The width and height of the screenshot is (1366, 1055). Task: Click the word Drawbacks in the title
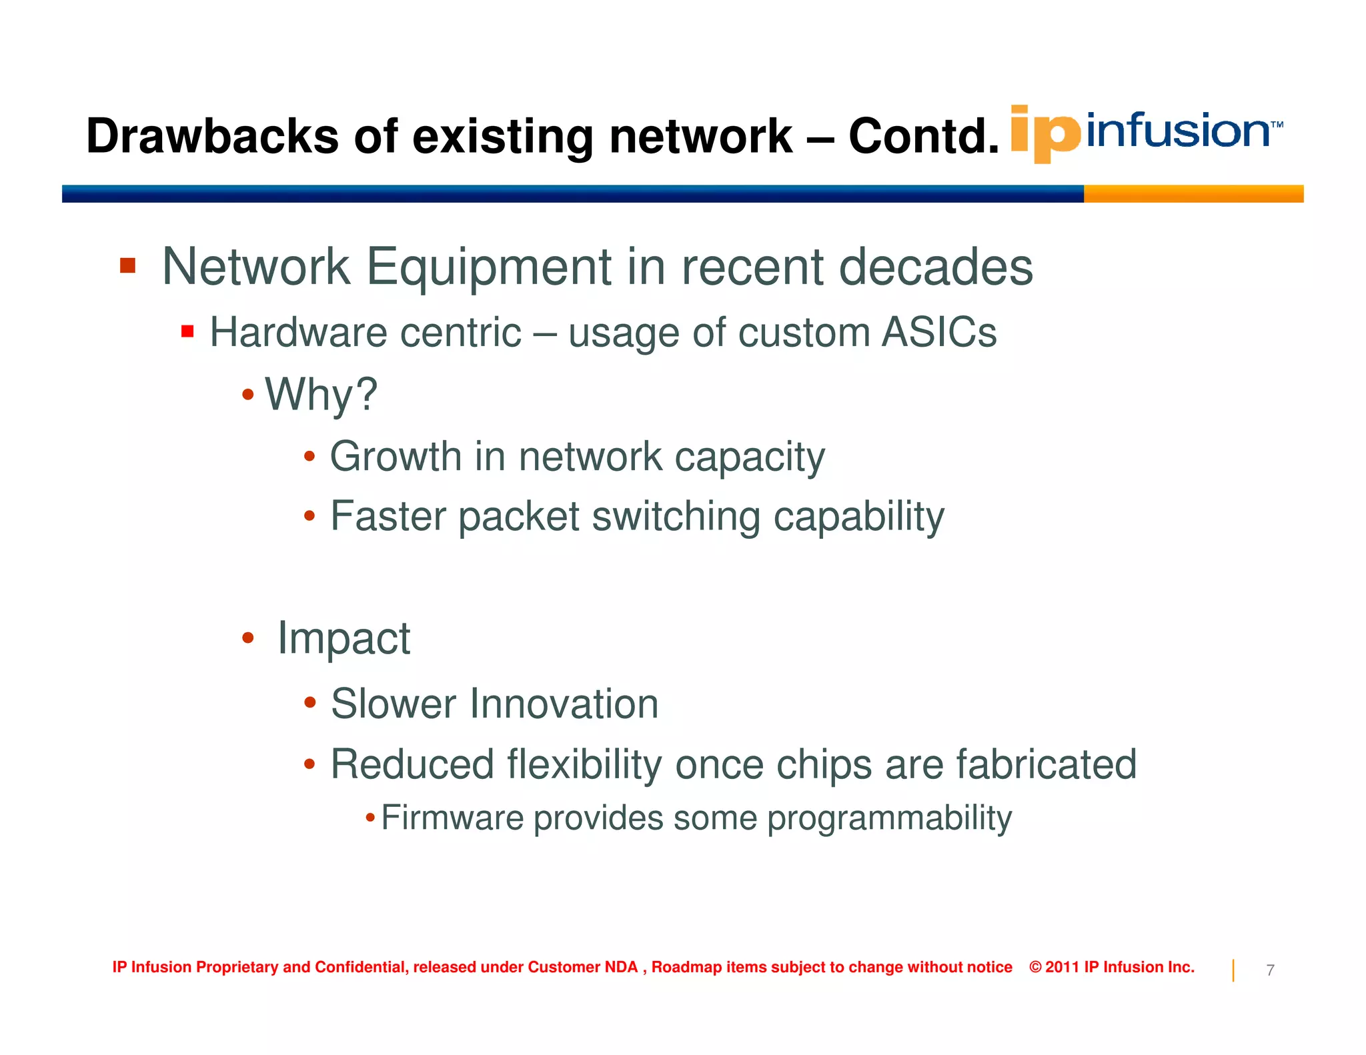212,137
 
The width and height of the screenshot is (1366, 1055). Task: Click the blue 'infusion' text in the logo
1178,131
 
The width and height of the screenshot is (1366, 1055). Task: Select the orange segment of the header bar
1193,194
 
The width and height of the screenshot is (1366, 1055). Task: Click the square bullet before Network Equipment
127,266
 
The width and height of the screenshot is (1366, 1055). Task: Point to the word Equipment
489,267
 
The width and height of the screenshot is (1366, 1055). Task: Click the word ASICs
938,332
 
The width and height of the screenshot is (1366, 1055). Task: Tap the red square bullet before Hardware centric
187,331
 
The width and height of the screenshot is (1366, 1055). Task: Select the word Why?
321,394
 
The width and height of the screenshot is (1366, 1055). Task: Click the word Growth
396,457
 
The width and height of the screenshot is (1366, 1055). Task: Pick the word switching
676,517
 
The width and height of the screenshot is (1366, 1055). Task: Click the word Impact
344,638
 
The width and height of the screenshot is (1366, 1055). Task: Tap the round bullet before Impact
248,638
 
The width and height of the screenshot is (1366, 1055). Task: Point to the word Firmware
452,818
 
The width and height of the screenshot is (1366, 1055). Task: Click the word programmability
889,819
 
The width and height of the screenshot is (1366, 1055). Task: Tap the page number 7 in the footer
1270,970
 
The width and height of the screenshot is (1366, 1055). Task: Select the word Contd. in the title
923,137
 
